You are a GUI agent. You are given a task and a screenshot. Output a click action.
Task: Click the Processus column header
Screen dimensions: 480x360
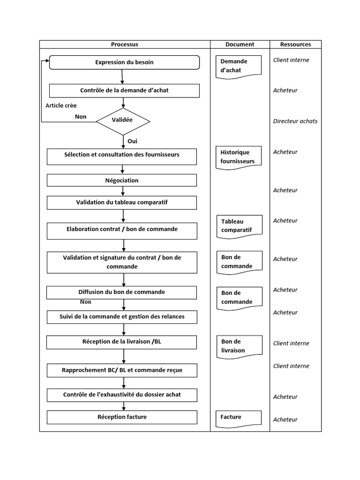point(124,45)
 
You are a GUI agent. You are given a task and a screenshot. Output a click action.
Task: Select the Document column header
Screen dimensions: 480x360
point(240,45)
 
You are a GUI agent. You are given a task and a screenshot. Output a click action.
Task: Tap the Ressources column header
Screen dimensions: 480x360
point(295,45)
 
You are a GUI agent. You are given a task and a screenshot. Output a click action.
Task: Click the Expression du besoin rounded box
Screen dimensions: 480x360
point(124,62)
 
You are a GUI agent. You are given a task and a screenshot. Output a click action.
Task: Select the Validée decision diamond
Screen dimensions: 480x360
point(123,120)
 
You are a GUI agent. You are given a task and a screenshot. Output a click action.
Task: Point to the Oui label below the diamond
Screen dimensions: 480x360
point(132,141)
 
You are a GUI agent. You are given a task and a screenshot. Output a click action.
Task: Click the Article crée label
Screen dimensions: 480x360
point(61,106)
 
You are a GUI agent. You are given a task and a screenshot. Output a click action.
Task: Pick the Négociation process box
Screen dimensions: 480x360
point(122,180)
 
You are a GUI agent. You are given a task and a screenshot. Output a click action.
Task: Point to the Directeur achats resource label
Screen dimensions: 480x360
point(295,121)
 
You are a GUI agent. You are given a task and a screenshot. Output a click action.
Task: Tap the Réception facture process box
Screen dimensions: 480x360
point(122,417)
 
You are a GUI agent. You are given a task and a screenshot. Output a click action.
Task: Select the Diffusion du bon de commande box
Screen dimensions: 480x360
point(122,292)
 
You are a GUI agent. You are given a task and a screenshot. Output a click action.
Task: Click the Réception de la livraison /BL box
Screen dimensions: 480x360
point(122,342)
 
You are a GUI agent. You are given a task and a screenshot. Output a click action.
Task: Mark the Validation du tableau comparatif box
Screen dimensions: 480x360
point(122,202)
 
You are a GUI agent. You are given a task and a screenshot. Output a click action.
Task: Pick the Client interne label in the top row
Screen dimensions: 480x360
point(291,60)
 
